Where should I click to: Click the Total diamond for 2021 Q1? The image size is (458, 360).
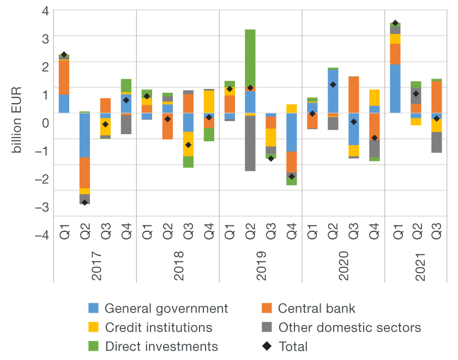395,23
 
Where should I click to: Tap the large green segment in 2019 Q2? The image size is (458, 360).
250,57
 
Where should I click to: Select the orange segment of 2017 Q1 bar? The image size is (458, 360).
64,77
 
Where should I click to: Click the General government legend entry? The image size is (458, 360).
166,309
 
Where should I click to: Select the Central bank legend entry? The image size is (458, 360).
316,309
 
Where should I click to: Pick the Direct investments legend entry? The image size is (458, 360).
161,347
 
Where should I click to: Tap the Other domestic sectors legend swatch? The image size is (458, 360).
267,328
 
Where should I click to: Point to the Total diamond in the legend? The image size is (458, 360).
268,347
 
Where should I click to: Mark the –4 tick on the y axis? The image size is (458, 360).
42,235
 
